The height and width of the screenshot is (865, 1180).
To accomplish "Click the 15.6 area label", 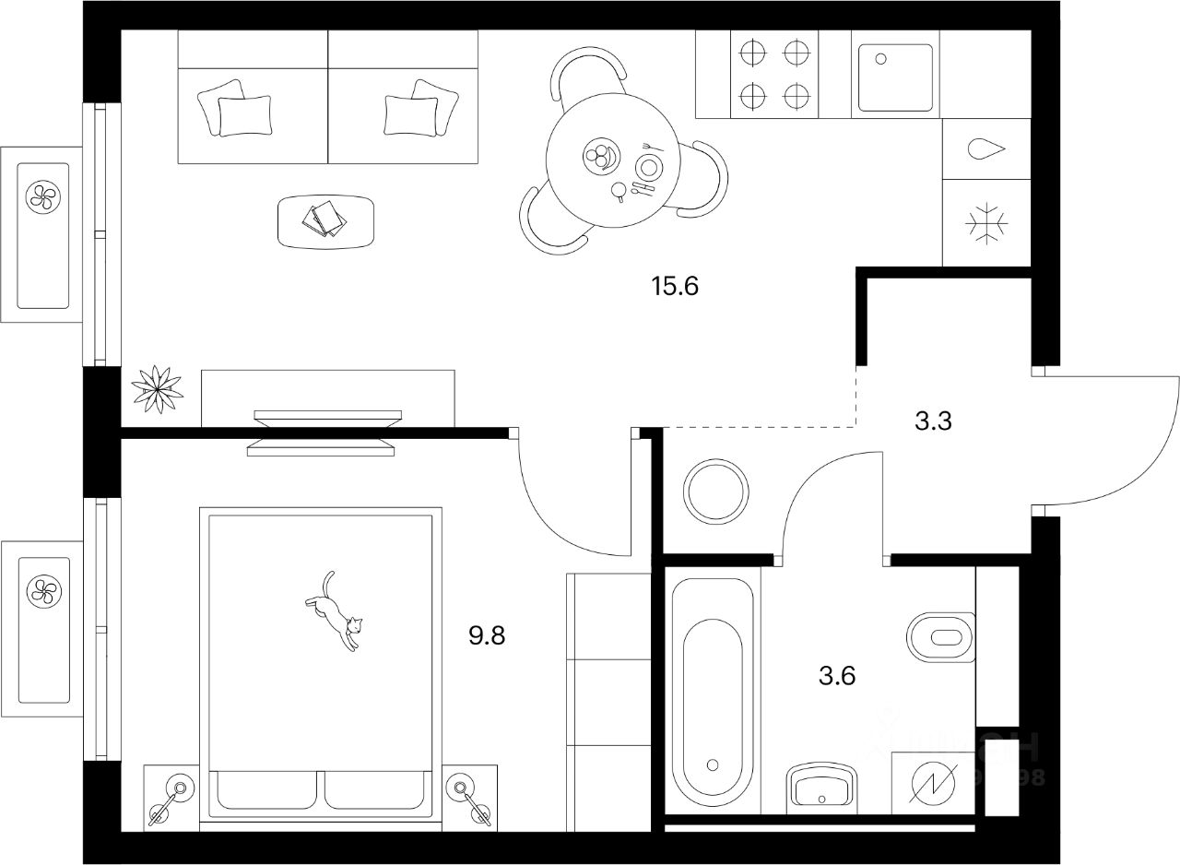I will [676, 287].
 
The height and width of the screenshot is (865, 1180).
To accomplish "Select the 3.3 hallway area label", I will [934, 422].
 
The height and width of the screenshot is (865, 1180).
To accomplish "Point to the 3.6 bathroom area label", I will [837, 676].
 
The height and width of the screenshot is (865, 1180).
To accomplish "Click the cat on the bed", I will [335, 611].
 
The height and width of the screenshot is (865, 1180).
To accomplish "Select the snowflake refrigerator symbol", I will [985, 222].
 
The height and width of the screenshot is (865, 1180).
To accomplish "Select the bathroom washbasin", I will [822, 789].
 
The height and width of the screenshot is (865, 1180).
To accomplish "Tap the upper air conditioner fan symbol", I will [42, 195].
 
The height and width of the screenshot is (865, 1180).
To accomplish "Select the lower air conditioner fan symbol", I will [42, 589].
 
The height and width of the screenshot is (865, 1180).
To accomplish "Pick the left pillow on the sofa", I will [243, 111].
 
